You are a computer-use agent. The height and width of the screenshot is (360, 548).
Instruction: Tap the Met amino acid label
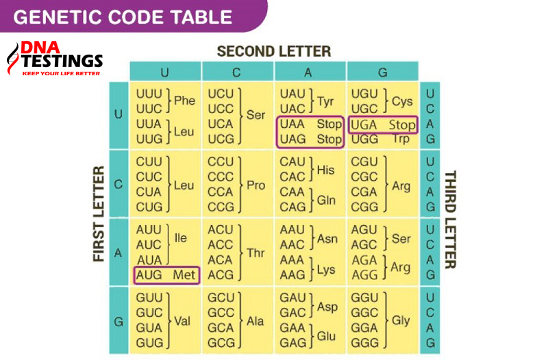184,275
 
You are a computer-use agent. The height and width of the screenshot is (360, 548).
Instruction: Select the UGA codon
364,125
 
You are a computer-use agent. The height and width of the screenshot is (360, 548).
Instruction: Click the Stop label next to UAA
329,125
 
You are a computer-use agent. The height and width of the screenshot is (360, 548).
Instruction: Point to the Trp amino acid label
401,139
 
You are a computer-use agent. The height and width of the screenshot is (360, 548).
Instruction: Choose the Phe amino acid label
184,101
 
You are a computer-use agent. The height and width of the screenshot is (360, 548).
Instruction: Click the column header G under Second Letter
382,72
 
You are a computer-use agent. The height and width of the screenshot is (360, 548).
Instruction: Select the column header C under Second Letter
238,72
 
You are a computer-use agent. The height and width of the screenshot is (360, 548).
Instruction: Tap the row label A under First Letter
118,253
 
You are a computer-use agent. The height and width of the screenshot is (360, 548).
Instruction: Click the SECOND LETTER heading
273,51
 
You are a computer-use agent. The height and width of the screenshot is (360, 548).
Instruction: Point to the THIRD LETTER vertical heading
451,219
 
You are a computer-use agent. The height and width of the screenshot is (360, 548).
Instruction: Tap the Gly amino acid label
401,320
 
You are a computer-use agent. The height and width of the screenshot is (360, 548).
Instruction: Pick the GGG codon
364,342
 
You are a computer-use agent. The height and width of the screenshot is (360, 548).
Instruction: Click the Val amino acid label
183,320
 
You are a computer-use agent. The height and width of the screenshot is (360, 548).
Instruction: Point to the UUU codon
149,94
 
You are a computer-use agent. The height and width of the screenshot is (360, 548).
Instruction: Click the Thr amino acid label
256,253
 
